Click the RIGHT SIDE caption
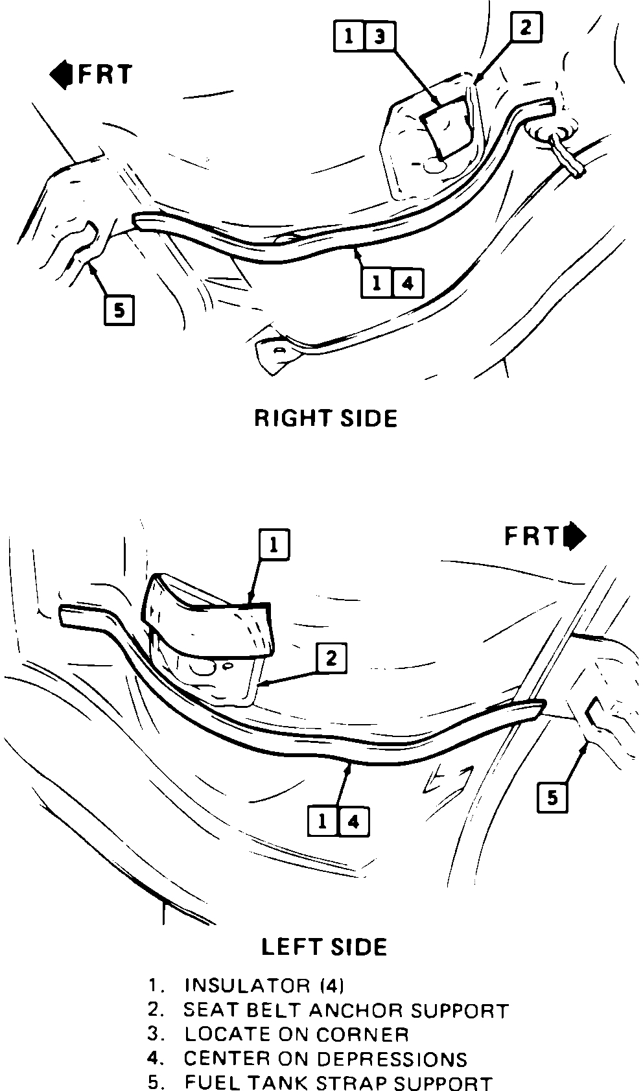[x=325, y=418]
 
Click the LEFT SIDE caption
[x=324, y=946]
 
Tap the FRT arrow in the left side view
[x=575, y=536]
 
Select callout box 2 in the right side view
[x=526, y=28]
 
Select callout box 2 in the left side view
[x=331, y=659]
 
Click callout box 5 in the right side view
[x=119, y=309]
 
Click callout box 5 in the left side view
[x=552, y=797]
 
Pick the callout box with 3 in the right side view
[x=380, y=37]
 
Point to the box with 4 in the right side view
[x=408, y=283]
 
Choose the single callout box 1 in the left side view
[x=274, y=545]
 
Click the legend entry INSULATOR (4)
[x=264, y=985]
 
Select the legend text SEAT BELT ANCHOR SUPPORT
[x=345, y=1010]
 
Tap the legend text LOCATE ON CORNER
[x=296, y=1034]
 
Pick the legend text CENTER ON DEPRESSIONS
[x=325, y=1059]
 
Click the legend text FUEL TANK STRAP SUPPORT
[x=338, y=1083]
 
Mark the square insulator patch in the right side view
[x=447, y=128]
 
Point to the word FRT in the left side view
[x=532, y=536]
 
